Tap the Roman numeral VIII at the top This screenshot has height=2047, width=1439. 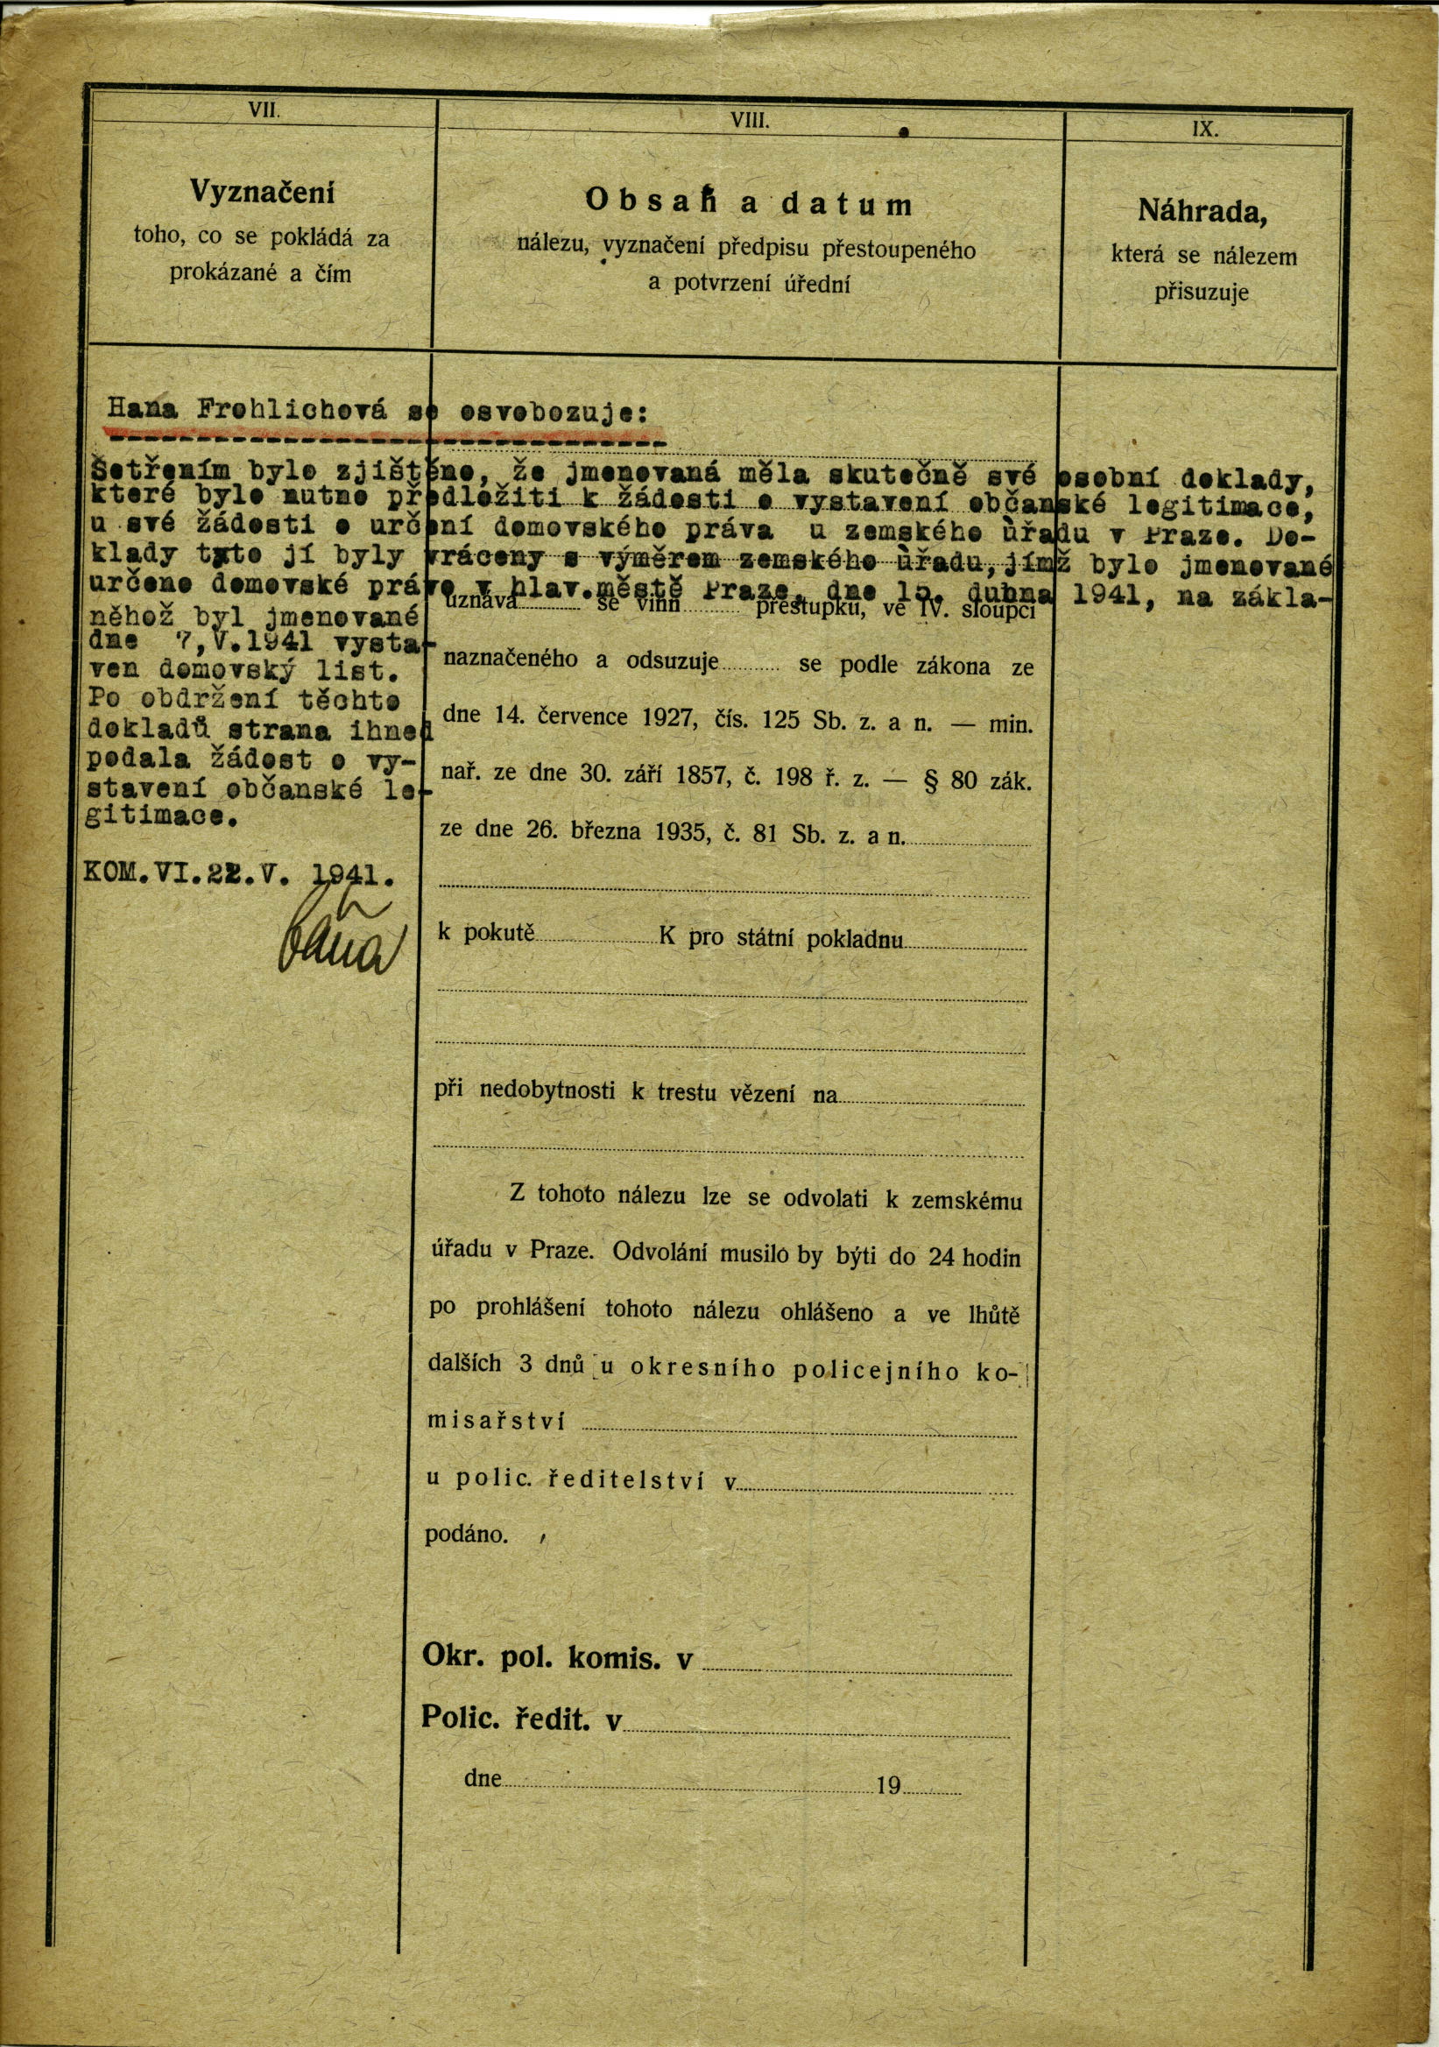749,121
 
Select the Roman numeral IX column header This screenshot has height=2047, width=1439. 1204,130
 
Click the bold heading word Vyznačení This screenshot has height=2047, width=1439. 261,192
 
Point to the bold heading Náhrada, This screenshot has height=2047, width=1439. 1202,211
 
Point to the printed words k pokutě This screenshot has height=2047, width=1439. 485,934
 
